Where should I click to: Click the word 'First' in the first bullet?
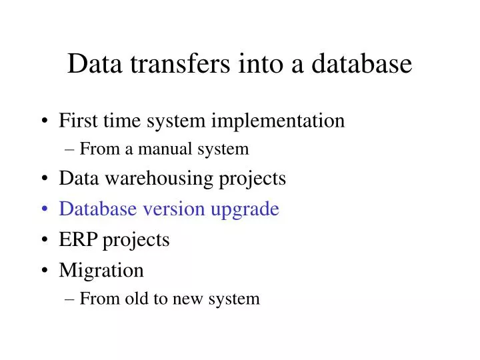tap(75, 121)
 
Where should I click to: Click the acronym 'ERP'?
tap(77, 239)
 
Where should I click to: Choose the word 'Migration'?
tap(101, 271)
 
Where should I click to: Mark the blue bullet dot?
tap(45, 209)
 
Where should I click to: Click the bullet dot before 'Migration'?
tap(45, 271)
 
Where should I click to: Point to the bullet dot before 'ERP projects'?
tap(45, 240)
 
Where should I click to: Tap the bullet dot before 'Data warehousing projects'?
tap(45, 179)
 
